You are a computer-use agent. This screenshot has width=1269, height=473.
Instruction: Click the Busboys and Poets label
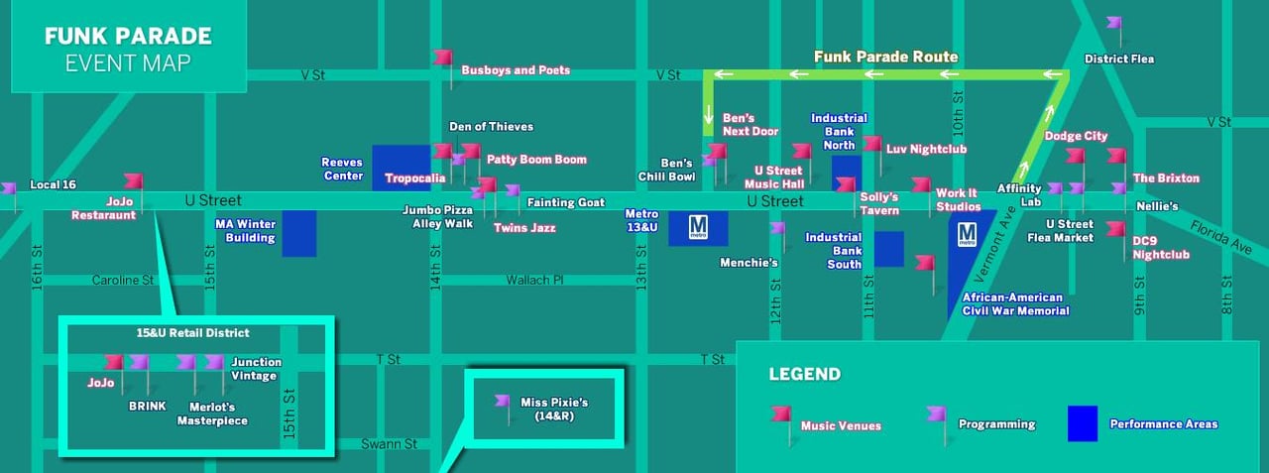515,70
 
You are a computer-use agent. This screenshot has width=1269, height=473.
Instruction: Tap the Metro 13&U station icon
698,228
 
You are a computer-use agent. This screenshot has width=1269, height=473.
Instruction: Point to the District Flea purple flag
1115,23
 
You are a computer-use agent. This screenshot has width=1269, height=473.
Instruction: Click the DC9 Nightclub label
1161,247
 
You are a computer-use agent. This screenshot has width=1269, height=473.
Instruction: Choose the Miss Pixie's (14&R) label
554,409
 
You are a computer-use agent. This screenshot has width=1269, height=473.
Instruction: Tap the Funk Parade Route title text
885,57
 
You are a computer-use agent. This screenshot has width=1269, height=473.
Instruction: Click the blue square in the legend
1082,424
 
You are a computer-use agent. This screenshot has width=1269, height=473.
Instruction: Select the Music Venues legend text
841,425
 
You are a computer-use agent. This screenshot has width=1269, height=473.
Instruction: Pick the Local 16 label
54,184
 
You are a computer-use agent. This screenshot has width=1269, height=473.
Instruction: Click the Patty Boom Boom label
536,159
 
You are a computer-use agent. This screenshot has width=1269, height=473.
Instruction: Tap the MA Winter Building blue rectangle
299,234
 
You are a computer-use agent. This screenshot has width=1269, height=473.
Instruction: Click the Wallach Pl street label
534,281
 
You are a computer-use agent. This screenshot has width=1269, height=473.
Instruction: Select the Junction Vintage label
256,368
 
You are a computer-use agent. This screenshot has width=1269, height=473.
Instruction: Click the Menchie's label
749,263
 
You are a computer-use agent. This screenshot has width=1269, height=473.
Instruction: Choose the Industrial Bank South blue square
888,249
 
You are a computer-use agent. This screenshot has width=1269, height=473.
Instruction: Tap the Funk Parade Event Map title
128,50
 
